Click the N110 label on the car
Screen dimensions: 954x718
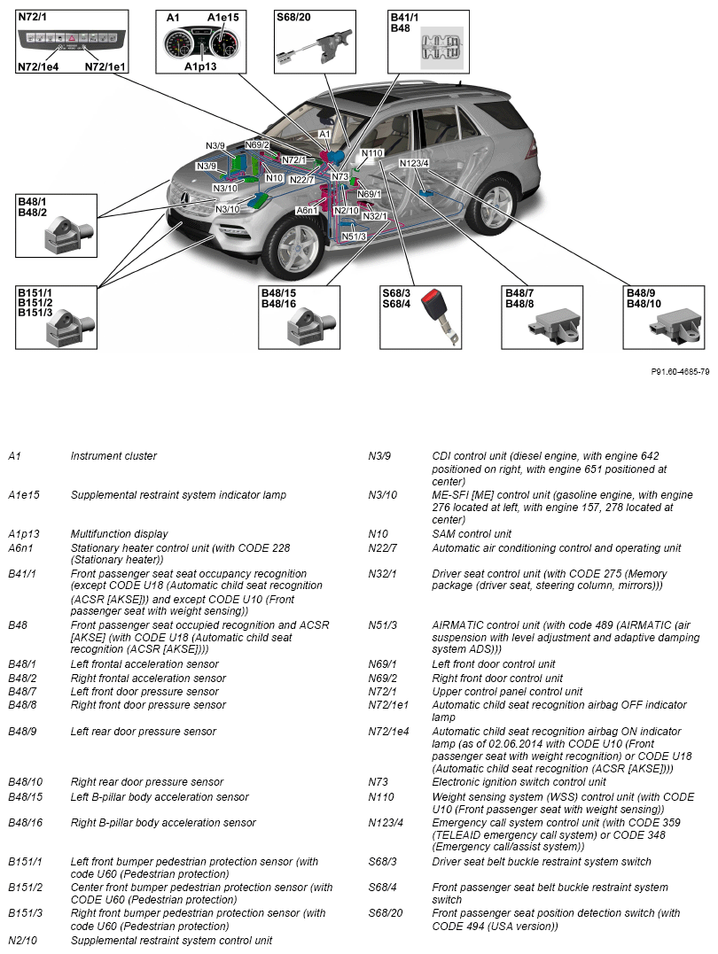(x=371, y=153)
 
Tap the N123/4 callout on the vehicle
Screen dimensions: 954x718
(x=414, y=163)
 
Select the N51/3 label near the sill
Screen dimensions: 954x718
(x=354, y=237)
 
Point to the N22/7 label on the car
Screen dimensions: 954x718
(x=301, y=180)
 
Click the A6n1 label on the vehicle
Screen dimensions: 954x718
(x=308, y=210)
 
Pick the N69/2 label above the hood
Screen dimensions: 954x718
(x=257, y=145)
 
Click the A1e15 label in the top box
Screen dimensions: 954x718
(x=222, y=17)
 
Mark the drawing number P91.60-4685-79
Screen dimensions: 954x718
(x=680, y=371)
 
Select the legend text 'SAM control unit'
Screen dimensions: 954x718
(x=472, y=534)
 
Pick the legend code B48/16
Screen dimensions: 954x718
(x=25, y=823)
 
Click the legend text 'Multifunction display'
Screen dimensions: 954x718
(x=119, y=534)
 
